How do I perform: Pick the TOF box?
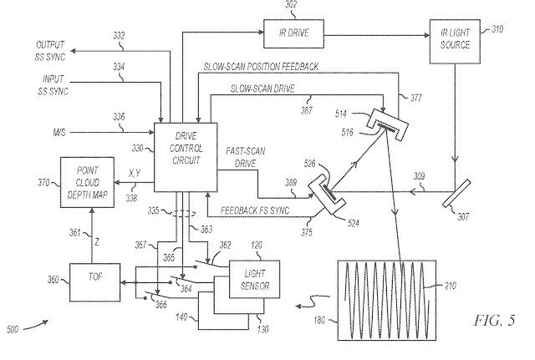coord(90,283)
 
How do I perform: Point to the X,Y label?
coord(134,173)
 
